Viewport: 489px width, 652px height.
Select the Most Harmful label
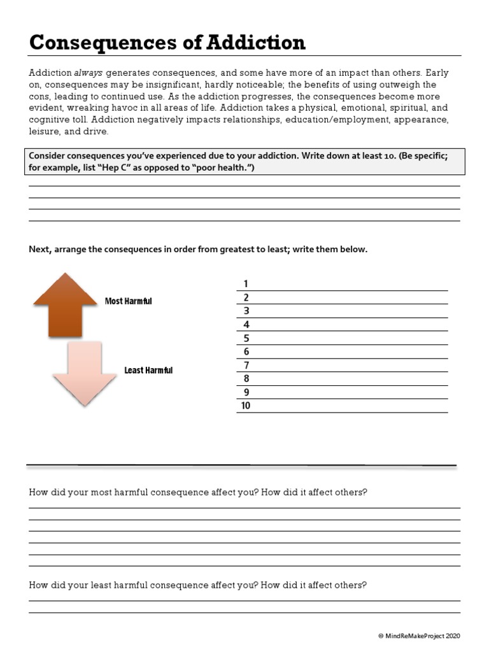[x=129, y=301]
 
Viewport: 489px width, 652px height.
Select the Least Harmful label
[x=148, y=370]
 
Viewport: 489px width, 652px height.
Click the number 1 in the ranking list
[x=246, y=284]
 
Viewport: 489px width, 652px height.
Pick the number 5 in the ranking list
[x=246, y=338]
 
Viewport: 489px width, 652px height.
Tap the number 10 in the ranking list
[x=246, y=406]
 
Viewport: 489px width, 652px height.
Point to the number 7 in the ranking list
[x=246, y=365]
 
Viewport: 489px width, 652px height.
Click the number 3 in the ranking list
[x=246, y=311]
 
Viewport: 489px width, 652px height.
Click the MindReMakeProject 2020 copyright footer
[x=419, y=635]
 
